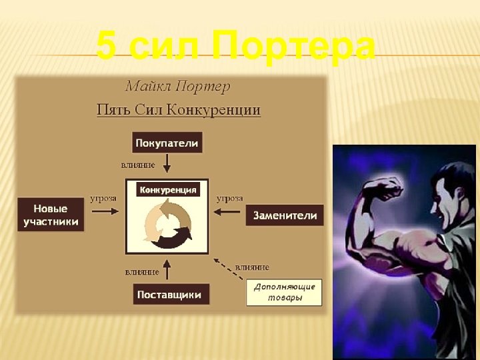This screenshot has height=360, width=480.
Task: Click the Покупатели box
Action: pyautogui.click(x=167, y=143)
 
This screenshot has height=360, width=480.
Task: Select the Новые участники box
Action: pyautogui.click(x=51, y=215)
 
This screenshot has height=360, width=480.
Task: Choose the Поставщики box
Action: pyautogui.click(x=171, y=294)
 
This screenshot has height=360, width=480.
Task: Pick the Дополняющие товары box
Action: pyautogui.click(x=284, y=292)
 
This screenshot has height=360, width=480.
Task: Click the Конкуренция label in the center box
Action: pyautogui.click(x=168, y=190)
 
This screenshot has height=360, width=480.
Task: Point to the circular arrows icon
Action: pyautogui.click(x=167, y=224)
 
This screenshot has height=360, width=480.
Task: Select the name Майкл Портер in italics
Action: pyautogui.click(x=177, y=86)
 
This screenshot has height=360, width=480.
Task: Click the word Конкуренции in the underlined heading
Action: pyautogui.click(x=221, y=110)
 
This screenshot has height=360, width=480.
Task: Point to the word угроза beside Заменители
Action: pyautogui.click(x=229, y=198)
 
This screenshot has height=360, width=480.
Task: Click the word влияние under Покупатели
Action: pyautogui.click(x=138, y=164)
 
